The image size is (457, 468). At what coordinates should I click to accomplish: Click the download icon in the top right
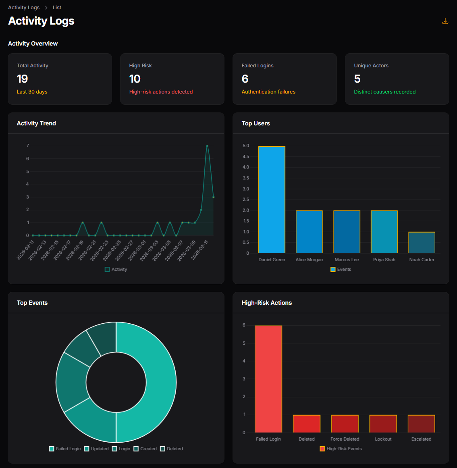pyautogui.click(x=445, y=21)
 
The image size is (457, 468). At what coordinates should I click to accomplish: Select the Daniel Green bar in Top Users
pyautogui.click(x=272, y=200)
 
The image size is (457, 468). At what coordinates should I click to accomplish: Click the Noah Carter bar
pyautogui.click(x=422, y=243)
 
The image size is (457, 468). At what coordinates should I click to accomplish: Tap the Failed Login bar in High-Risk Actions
pyautogui.click(x=268, y=379)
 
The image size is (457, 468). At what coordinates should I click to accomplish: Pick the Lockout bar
pyautogui.click(x=383, y=424)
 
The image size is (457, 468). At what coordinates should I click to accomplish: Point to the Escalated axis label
pyautogui.click(x=421, y=439)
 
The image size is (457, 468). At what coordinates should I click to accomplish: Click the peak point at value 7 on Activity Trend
pyautogui.click(x=207, y=146)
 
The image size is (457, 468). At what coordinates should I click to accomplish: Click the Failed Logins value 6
pyautogui.click(x=245, y=79)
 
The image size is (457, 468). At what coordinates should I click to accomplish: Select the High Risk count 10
pyautogui.click(x=135, y=79)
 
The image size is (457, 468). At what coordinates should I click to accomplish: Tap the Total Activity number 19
pyautogui.click(x=23, y=79)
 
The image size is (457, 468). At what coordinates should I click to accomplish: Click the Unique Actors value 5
pyautogui.click(x=357, y=79)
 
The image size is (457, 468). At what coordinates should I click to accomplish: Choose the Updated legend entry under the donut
pyautogui.click(x=96, y=449)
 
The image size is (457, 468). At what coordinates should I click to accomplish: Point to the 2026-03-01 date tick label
pyautogui.click(x=137, y=250)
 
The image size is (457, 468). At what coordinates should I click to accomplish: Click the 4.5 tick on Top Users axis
pyautogui.click(x=245, y=156)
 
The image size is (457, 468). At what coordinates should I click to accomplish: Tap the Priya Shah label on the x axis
pyautogui.click(x=384, y=260)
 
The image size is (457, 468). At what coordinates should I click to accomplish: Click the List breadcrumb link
pyautogui.click(x=57, y=8)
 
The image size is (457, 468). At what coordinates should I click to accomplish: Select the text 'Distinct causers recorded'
pyautogui.click(x=384, y=92)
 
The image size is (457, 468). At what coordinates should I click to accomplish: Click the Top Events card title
pyautogui.click(x=32, y=303)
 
